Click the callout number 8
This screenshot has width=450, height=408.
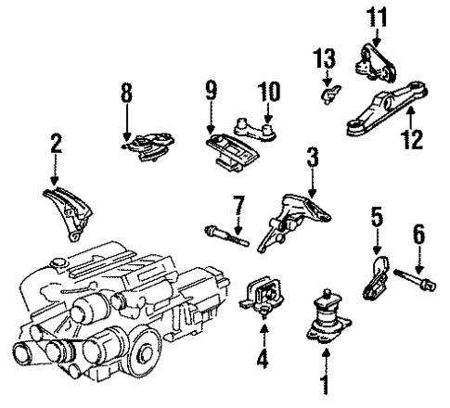pos(127,94)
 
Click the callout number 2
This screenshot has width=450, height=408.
pos(56,143)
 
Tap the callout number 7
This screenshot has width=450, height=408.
pos(238,202)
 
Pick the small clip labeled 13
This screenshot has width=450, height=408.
pos(328,93)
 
